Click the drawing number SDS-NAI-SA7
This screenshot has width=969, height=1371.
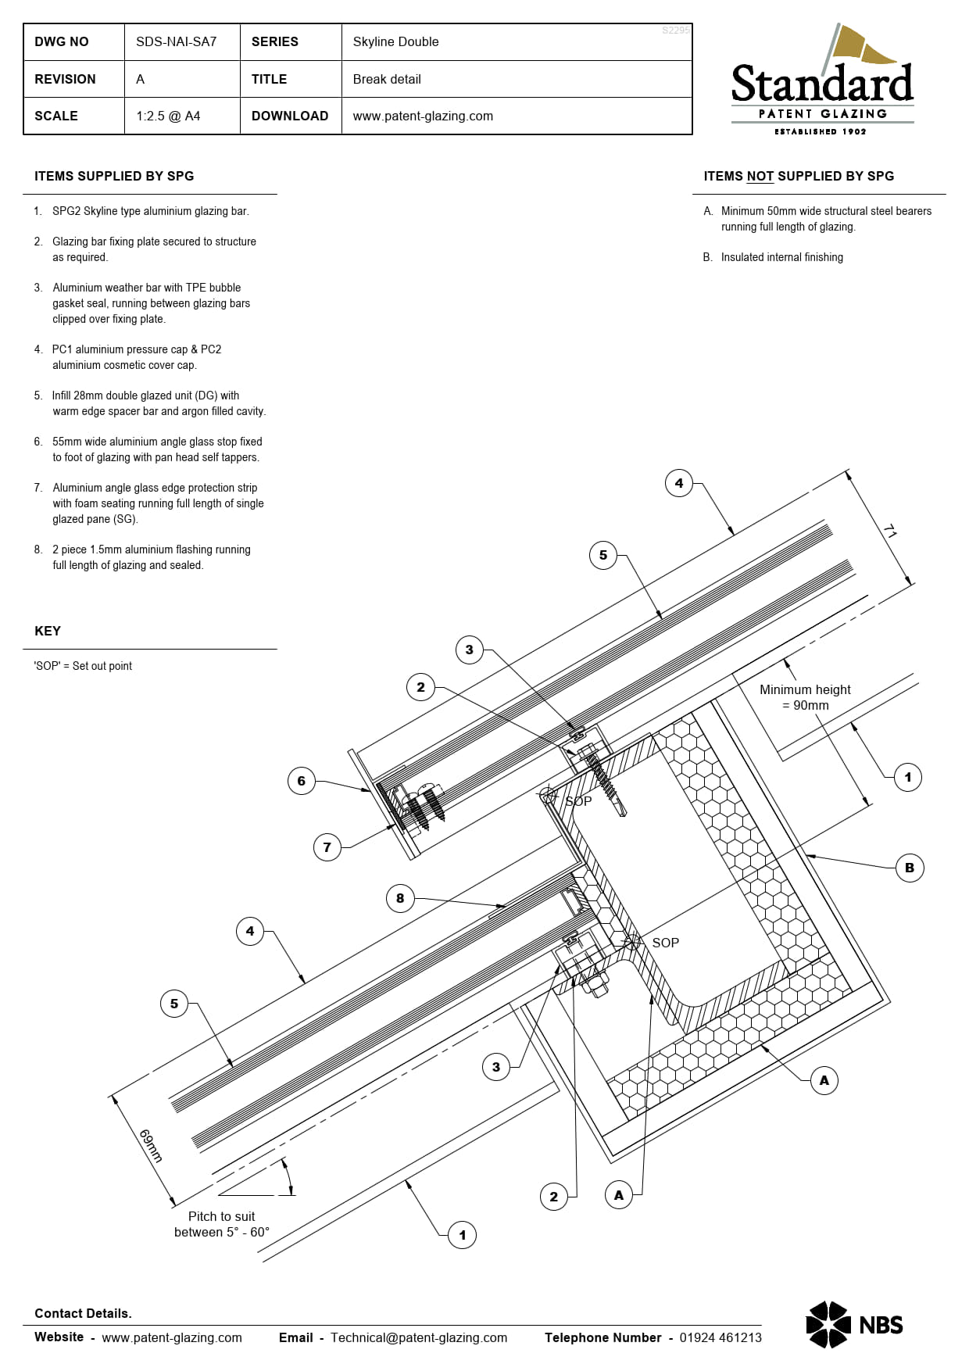tap(176, 42)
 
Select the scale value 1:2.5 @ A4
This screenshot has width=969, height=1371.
tap(168, 116)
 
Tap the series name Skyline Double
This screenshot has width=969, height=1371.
tap(395, 42)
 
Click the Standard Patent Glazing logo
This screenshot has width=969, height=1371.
tap(822, 81)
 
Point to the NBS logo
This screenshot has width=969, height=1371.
tap(854, 1324)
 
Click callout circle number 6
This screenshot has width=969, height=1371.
tap(302, 781)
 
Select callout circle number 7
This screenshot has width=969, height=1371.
tap(327, 847)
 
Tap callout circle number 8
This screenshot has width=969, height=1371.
tap(400, 898)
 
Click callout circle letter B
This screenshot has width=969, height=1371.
tap(910, 868)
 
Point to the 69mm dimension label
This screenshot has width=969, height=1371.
tap(151, 1146)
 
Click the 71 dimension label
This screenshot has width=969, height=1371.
tap(890, 532)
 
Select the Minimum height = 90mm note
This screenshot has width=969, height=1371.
tap(805, 697)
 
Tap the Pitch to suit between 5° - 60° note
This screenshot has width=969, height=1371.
tap(222, 1224)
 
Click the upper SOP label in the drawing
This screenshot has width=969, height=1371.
tap(578, 801)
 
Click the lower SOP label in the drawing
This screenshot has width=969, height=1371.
tap(665, 943)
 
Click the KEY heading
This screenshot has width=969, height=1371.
tap(48, 631)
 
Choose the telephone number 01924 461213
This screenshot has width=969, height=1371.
tap(720, 1337)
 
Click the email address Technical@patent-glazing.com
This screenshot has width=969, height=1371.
tap(419, 1337)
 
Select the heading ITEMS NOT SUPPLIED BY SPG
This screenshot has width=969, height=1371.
tap(799, 177)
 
